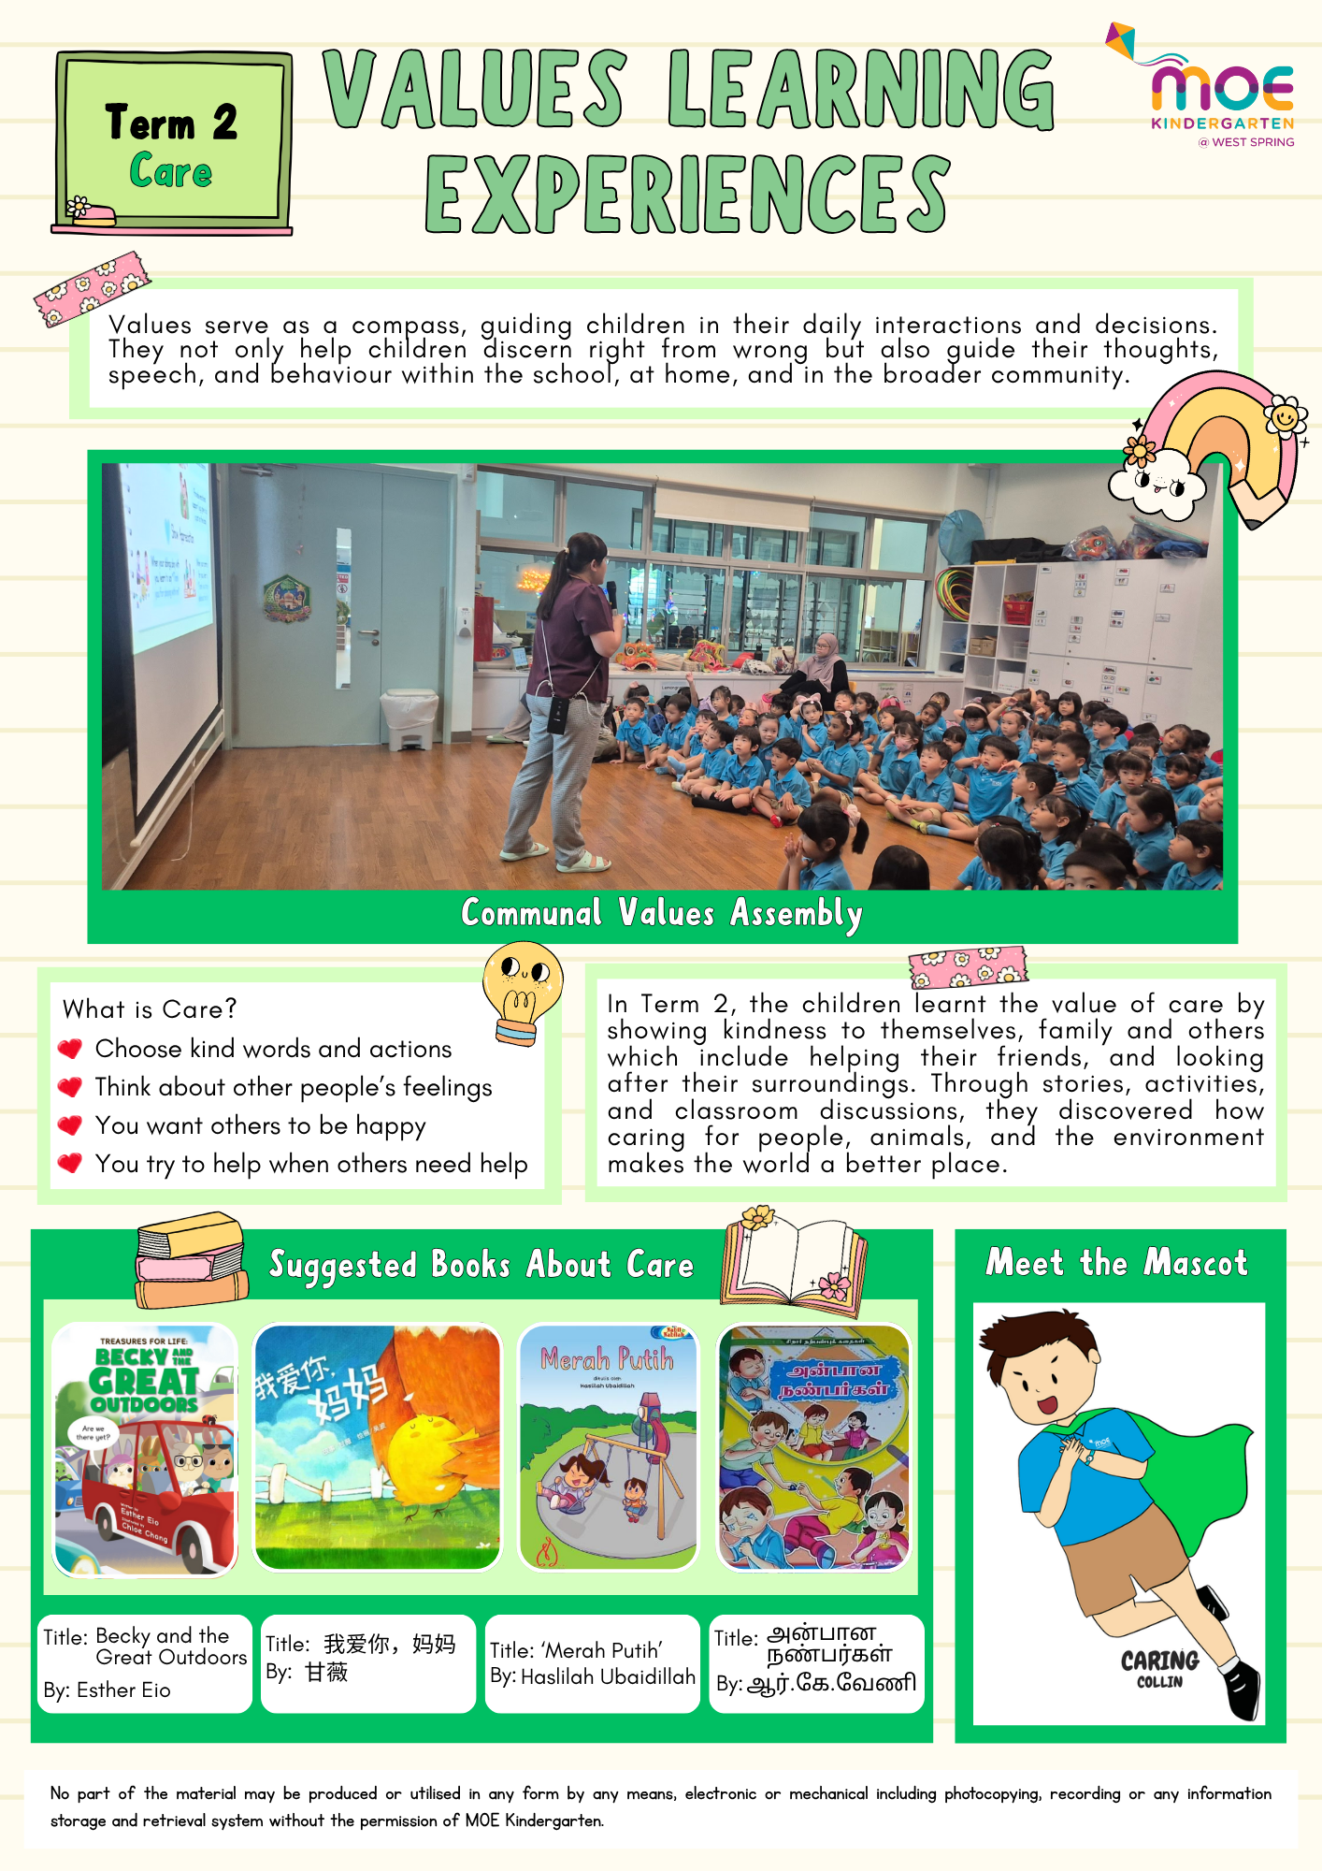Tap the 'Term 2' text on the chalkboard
(x=172, y=122)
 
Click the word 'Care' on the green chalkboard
(x=171, y=171)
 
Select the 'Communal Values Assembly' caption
(x=661, y=912)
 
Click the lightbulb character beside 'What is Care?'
(x=523, y=992)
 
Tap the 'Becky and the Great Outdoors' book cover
(x=145, y=1448)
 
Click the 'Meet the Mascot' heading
(x=1116, y=1262)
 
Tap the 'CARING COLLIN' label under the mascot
(x=1159, y=1667)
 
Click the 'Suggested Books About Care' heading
(x=481, y=1265)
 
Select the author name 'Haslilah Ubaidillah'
(x=608, y=1676)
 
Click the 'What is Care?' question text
(x=150, y=1008)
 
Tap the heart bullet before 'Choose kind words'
(x=70, y=1049)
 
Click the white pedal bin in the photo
(x=409, y=718)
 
